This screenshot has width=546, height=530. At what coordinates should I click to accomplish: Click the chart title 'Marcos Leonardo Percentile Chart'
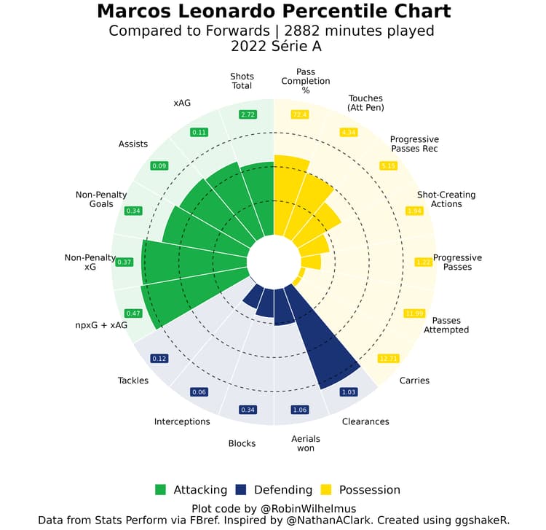(x=273, y=12)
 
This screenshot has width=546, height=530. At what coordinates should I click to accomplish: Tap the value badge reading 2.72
(x=248, y=114)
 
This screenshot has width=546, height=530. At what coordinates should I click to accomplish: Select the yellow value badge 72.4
(x=299, y=114)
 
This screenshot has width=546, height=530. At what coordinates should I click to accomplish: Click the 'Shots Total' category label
(x=242, y=81)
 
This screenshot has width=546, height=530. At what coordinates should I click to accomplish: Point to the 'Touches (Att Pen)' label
(x=365, y=103)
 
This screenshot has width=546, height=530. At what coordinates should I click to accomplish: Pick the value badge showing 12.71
(x=389, y=358)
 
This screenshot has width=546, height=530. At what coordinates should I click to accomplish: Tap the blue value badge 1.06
(x=300, y=410)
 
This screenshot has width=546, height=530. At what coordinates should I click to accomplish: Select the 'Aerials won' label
(x=306, y=443)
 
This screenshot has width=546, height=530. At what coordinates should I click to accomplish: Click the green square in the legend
(x=161, y=490)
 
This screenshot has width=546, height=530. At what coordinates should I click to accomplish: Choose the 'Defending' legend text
(x=280, y=490)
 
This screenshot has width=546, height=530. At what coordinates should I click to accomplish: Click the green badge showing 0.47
(x=134, y=313)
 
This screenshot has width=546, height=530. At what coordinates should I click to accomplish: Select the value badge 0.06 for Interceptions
(x=199, y=391)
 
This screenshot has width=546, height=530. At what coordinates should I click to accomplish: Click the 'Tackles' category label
(x=133, y=381)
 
